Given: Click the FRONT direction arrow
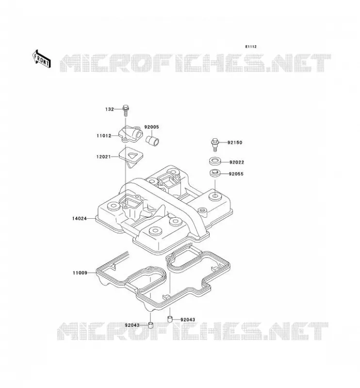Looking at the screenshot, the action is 41,59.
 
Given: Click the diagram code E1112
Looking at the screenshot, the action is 251,47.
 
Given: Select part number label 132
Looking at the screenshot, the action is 110,109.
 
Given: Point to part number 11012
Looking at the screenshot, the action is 104,136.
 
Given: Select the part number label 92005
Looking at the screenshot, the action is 151,127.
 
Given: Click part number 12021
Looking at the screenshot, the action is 104,157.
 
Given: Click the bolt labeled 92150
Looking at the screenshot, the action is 215,145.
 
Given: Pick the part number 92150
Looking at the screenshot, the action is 235,143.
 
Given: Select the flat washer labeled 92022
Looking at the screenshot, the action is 215,162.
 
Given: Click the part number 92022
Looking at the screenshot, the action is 237,162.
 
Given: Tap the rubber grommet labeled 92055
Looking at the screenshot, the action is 215,173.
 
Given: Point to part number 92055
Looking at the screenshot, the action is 236,174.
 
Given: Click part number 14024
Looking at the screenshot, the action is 80,219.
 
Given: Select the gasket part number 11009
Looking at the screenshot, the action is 80,273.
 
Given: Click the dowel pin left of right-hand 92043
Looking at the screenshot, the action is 170,319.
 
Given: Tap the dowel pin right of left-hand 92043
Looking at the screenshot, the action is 150,325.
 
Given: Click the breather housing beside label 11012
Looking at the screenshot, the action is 131,134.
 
